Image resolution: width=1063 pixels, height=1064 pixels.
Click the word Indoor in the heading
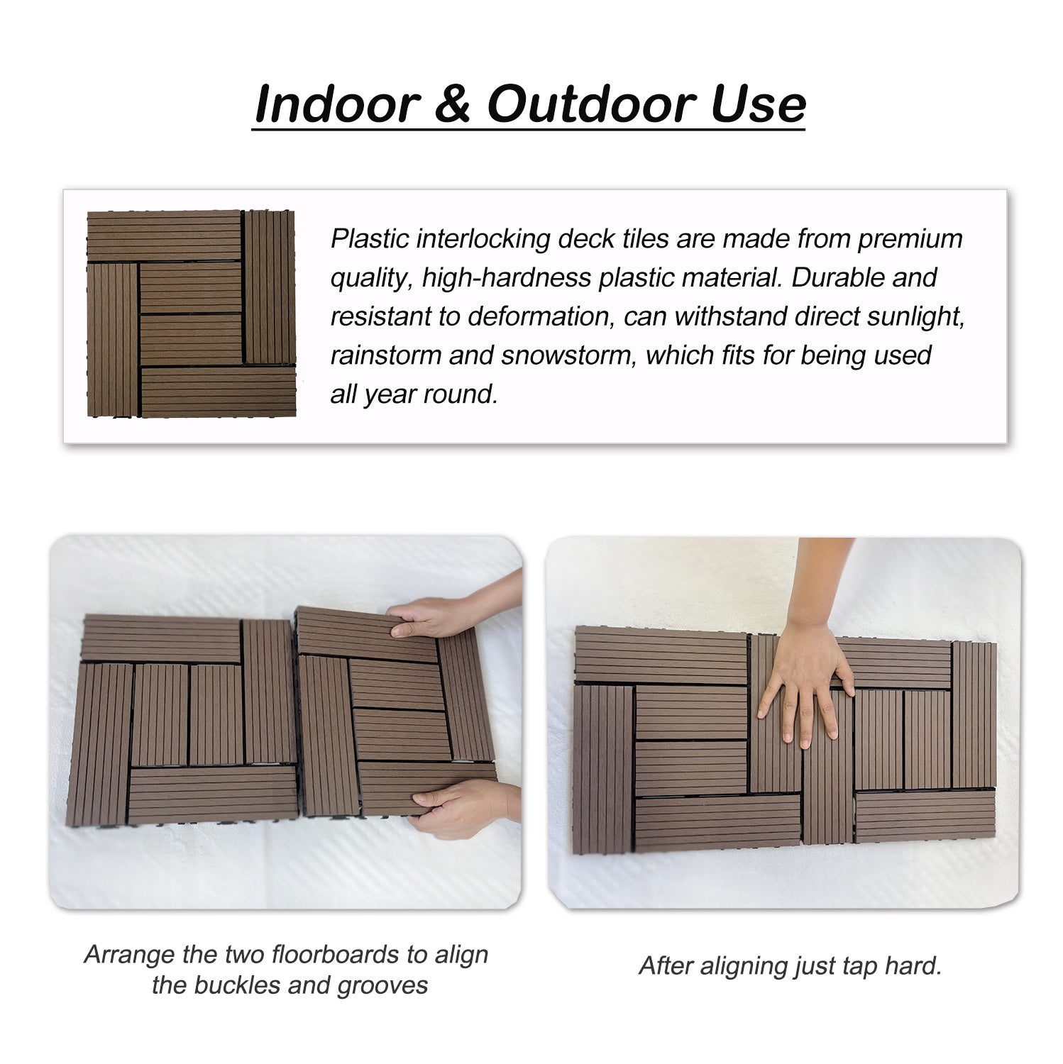point(337,105)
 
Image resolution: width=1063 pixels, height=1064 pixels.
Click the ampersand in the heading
point(451,105)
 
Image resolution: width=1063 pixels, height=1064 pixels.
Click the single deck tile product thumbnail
point(191,314)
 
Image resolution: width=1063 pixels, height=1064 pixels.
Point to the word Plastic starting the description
point(369,239)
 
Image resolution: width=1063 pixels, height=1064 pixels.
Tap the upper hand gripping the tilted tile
point(426,617)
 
